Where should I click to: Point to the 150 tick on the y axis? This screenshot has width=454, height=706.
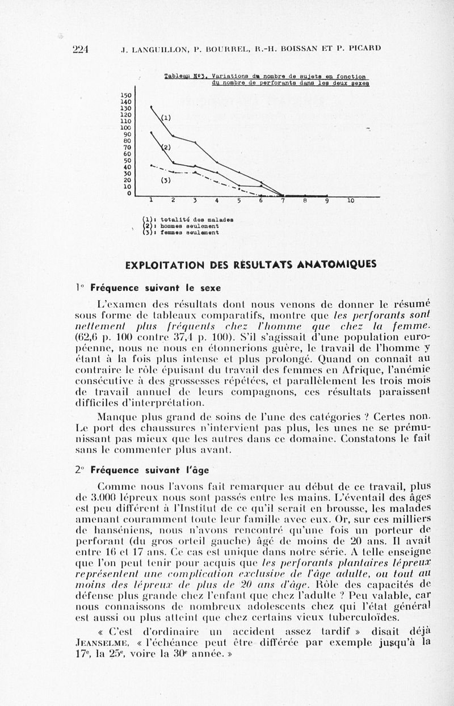pyautogui.click(x=126, y=95)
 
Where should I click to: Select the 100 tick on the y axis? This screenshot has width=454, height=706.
pyautogui.click(x=126, y=128)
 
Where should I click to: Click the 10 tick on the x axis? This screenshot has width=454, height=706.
pyautogui.click(x=350, y=200)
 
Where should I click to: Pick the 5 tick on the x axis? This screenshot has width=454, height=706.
pyautogui.click(x=239, y=200)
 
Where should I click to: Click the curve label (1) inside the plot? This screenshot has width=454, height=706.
pyautogui.click(x=166, y=118)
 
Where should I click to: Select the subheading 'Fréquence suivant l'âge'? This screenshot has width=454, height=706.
pyautogui.click(x=150, y=470)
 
